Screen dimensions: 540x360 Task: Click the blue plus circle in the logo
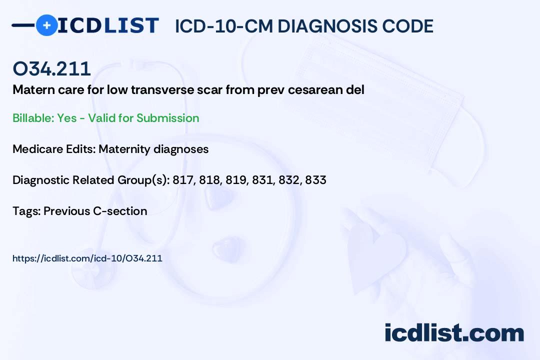[46, 25]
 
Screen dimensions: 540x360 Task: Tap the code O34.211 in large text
[51, 68]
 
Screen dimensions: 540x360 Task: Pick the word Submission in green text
[167, 118]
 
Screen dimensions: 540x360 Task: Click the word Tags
[26, 211]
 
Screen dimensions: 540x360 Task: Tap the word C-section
[120, 211]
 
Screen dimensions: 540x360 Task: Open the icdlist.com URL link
[87, 258]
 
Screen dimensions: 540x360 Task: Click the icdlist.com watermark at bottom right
[454, 332]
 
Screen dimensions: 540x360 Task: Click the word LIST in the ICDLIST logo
[131, 25]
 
